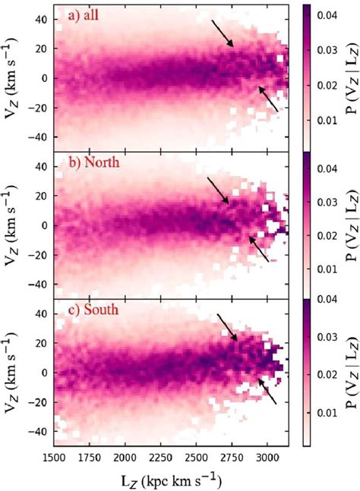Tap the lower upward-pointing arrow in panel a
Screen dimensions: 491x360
coord(267,99)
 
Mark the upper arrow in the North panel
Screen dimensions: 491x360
coord(218,187)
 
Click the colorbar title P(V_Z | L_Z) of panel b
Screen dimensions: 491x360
coord(347,225)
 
